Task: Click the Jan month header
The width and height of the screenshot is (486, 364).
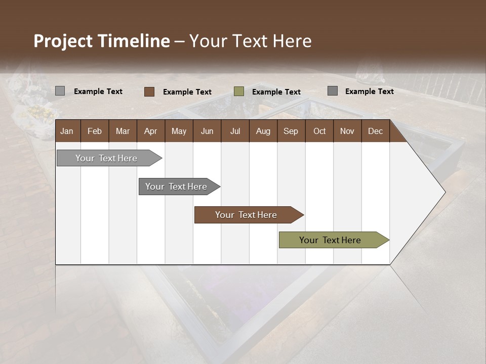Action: [x=67, y=131]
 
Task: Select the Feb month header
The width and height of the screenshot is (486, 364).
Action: [x=95, y=131]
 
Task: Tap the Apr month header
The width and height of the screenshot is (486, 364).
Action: [x=150, y=131]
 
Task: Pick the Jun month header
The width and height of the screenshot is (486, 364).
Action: [x=207, y=131]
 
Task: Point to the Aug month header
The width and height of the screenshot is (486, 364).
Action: [x=263, y=131]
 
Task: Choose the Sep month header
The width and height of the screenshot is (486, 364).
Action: [x=291, y=131]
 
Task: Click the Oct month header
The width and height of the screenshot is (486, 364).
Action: [x=319, y=131]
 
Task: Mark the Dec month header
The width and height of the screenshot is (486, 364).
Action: [x=375, y=131]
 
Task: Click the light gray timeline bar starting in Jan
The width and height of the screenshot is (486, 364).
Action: [x=107, y=158]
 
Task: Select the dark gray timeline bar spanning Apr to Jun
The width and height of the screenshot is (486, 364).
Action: [x=177, y=187]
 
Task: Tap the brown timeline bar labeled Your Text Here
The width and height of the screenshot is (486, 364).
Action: [x=247, y=215]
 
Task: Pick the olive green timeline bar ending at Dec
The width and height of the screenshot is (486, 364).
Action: [x=331, y=240]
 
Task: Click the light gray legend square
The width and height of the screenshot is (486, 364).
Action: [x=60, y=91]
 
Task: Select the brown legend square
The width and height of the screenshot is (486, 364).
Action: [x=149, y=92]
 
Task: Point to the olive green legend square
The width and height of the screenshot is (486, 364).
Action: [x=239, y=92]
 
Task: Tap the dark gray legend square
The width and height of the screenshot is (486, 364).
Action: [x=333, y=91]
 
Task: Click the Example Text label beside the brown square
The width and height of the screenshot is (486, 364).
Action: [x=187, y=92]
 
